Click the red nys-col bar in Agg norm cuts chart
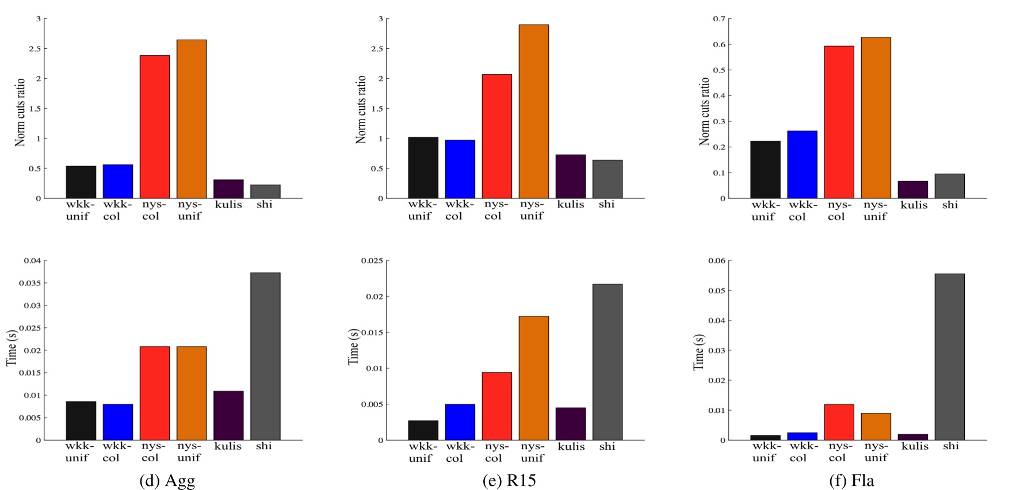155,127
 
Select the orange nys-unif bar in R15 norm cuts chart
533,112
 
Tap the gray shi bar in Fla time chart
949,357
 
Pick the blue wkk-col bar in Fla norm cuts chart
802,164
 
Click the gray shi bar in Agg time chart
265,357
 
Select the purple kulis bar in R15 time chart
570,424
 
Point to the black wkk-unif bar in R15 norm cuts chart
423,167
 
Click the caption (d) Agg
167,480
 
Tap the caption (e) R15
509,480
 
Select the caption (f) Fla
851,480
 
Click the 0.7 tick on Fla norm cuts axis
719,19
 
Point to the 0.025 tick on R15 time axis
372,261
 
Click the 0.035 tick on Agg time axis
30,283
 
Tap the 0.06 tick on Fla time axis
717,261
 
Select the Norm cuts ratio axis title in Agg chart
20,112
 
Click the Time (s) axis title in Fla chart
698,351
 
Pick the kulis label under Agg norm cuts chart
228,205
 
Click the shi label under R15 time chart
607,446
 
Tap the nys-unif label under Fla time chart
876,452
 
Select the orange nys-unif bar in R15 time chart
533,378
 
